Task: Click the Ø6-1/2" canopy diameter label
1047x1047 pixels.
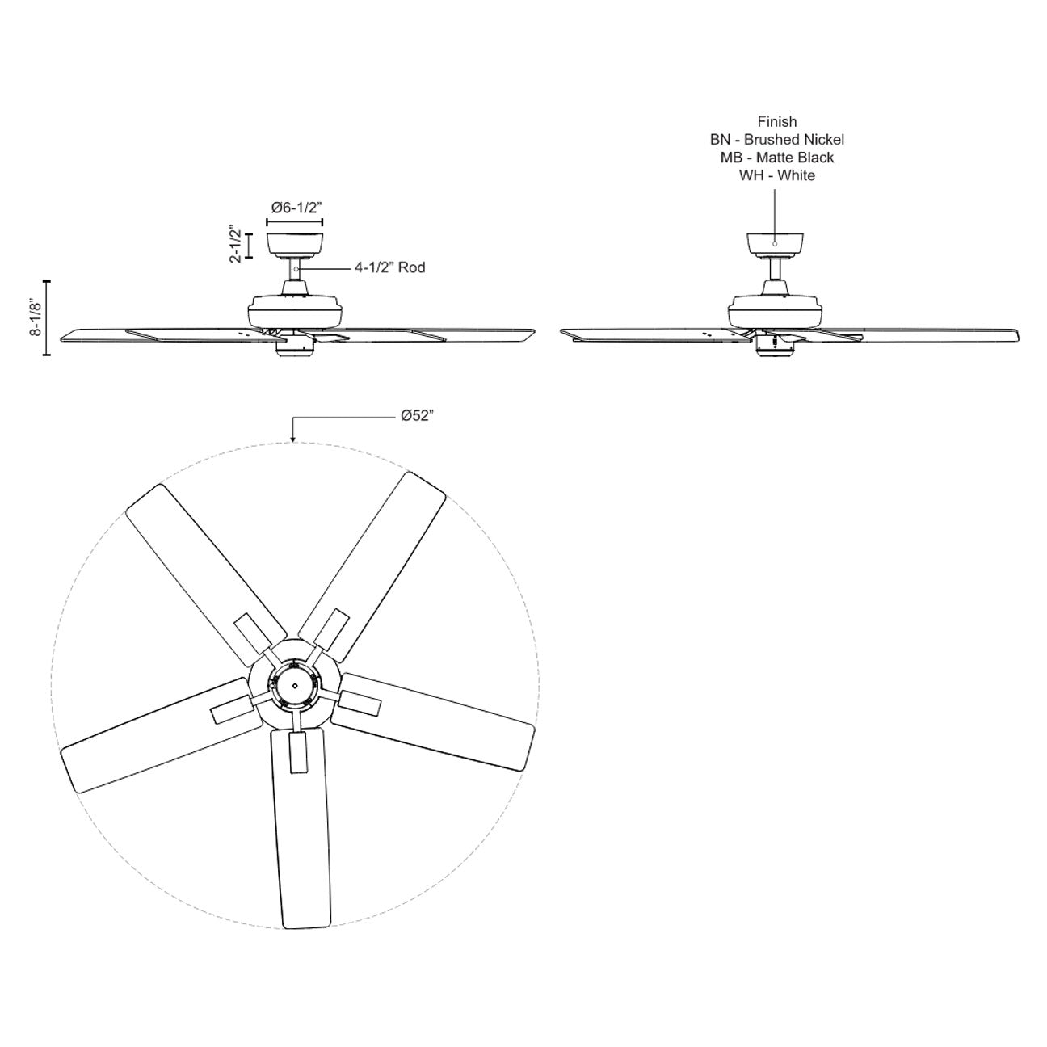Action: (x=296, y=208)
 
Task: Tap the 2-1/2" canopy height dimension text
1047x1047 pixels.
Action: (x=235, y=244)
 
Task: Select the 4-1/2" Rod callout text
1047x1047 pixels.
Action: (x=389, y=267)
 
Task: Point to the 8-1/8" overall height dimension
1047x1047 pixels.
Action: (x=36, y=317)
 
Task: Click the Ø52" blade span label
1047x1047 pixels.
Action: (x=418, y=415)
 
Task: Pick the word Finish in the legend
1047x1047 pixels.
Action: (x=777, y=122)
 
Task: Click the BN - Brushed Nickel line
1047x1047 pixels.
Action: (x=777, y=140)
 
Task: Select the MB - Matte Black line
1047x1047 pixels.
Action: (x=777, y=158)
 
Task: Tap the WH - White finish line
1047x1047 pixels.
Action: (x=777, y=175)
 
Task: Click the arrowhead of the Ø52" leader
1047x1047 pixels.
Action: (x=293, y=439)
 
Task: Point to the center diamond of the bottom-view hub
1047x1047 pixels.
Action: (x=295, y=686)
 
